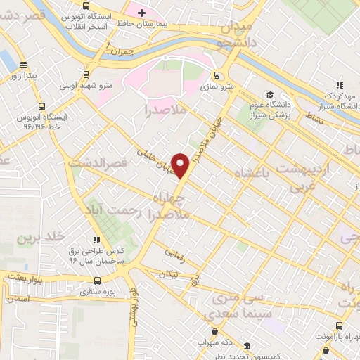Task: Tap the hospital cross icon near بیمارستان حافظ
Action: click(x=141, y=13)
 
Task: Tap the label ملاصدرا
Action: click(x=164, y=110)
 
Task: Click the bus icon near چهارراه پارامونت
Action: click(x=340, y=326)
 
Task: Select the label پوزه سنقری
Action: click(x=97, y=290)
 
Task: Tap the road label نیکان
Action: click(x=169, y=274)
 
